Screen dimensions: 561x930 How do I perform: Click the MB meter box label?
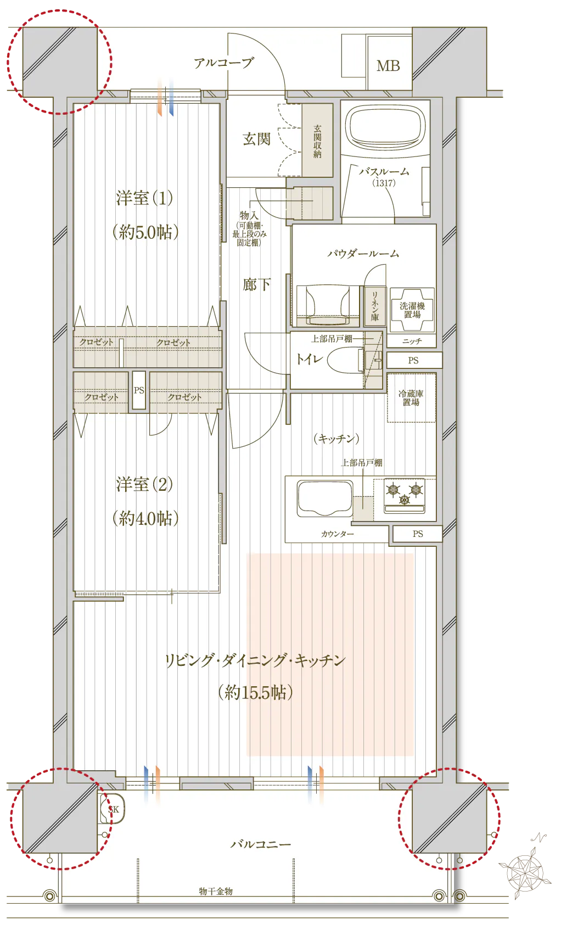click(x=388, y=65)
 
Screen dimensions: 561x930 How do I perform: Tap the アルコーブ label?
click(x=223, y=63)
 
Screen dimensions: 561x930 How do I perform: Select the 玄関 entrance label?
click(x=257, y=139)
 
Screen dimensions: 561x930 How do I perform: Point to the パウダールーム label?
click(x=363, y=253)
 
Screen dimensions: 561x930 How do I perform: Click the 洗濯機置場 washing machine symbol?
click(x=412, y=310)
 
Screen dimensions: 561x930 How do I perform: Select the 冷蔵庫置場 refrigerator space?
click(x=411, y=397)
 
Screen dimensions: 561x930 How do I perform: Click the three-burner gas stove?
click(x=404, y=496)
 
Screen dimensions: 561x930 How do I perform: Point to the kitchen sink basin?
click(x=325, y=498)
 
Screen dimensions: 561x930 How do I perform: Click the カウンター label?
click(x=337, y=534)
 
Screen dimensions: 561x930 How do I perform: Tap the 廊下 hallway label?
click(x=257, y=284)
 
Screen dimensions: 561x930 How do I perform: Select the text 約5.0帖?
click(x=145, y=232)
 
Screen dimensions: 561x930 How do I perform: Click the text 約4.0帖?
click(x=145, y=518)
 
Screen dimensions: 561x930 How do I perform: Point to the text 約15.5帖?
click(x=256, y=692)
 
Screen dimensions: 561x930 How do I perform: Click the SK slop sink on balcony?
click(x=112, y=809)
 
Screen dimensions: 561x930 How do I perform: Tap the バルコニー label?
click(x=261, y=844)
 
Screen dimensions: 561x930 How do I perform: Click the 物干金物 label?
click(x=216, y=891)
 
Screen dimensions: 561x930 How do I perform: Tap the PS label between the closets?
click(x=139, y=390)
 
